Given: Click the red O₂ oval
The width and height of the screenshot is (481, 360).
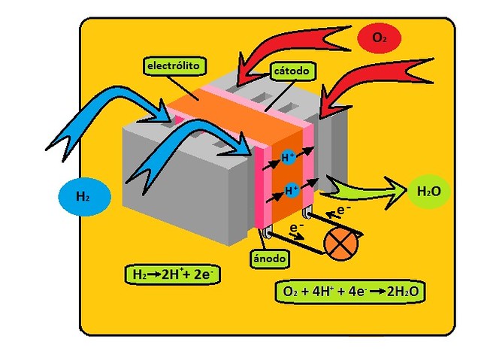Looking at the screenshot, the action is (379, 38).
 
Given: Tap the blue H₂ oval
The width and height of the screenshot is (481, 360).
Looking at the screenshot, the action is (84, 197).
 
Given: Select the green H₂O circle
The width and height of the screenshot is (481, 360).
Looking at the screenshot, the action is (429, 192).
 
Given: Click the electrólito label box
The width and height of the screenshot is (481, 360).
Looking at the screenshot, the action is (174, 66).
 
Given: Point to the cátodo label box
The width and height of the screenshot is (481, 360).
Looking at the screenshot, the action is (292, 71).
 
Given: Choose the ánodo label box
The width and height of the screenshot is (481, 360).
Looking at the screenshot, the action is (269, 259).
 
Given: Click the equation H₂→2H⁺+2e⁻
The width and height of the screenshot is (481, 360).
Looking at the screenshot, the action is (172, 274).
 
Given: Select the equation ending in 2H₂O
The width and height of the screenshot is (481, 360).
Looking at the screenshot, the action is (349, 292).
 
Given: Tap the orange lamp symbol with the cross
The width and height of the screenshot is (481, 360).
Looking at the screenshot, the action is (340, 244).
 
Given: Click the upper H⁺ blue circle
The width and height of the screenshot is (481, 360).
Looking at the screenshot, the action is (288, 157).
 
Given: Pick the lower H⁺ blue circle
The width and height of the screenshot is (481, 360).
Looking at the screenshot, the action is (291, 190).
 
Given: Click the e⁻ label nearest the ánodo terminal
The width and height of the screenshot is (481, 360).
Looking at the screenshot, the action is (295, 231).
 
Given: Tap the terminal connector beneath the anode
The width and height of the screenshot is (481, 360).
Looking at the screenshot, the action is (267, 233).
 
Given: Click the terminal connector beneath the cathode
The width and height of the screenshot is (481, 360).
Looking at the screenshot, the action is (307, 212).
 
